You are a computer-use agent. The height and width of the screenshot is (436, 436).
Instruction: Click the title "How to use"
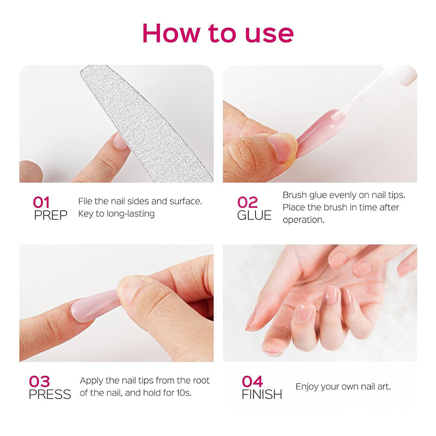[218, 33]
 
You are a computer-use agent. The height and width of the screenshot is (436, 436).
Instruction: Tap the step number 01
[41, 202]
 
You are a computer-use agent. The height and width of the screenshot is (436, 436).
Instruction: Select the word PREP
[51, 215]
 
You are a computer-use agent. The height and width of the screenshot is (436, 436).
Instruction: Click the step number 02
[248, 202]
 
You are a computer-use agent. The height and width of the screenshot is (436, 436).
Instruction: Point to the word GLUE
[254, 215]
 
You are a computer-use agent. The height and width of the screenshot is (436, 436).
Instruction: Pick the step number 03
[39, 381]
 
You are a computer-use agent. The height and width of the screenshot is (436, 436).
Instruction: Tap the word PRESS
[50, 394]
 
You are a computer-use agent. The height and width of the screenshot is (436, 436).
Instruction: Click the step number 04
[252, 381]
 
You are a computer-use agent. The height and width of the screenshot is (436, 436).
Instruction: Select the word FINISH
[262, 394]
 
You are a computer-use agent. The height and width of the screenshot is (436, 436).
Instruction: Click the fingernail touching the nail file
[120, 142]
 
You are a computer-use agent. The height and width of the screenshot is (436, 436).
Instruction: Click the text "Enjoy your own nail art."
[343, 387]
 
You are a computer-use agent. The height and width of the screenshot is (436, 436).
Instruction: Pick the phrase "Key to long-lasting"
[116, 214]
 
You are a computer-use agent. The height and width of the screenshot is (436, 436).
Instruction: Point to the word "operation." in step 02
[303, 220]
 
